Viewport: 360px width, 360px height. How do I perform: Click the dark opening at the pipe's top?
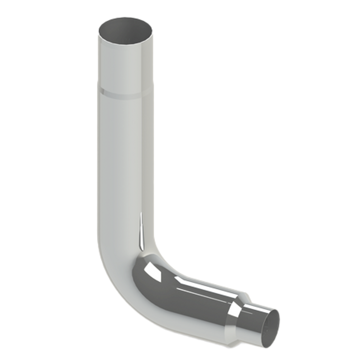(126, 29)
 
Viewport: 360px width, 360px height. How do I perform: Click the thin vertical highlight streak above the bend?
(141, 231)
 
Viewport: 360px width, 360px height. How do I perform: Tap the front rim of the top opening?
(126, 40)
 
